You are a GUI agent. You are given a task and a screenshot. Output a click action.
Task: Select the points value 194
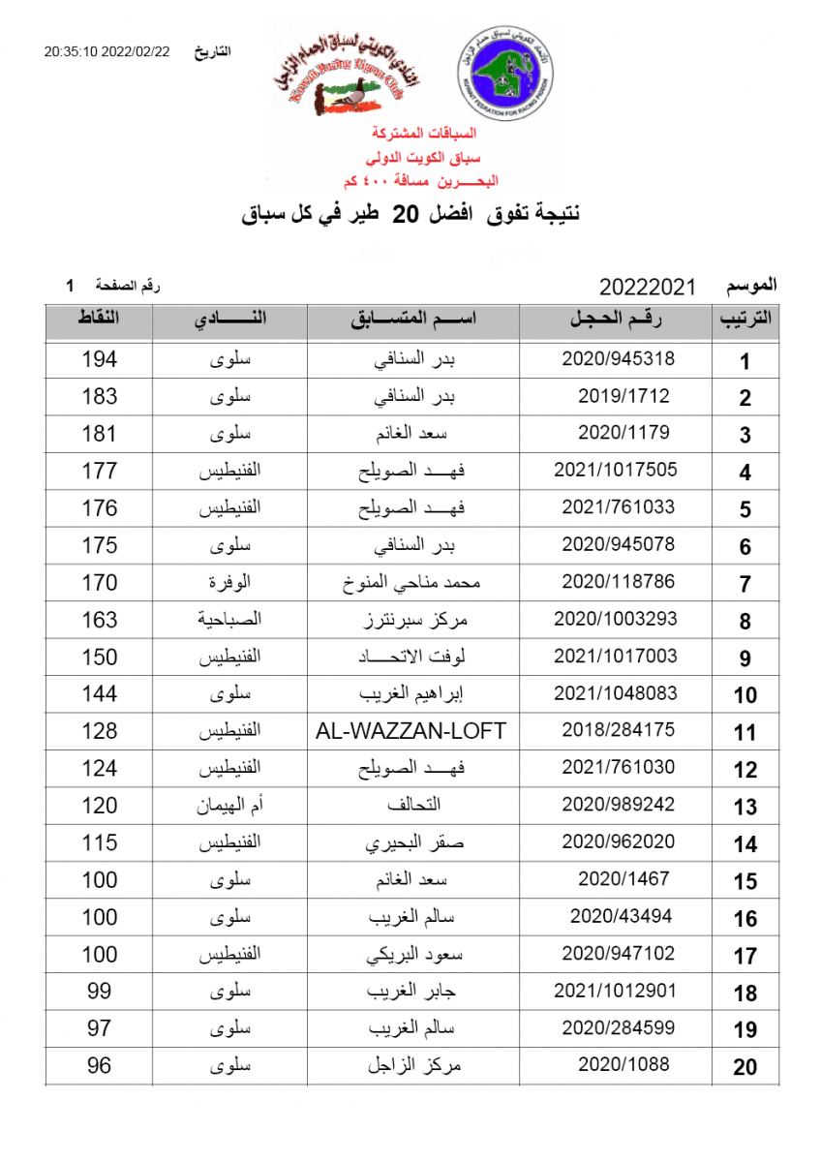click(x=100, y=359)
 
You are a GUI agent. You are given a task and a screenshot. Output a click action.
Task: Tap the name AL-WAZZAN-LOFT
click(x=411, y=731)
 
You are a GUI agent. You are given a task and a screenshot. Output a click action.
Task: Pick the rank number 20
click(x=745, y=1067)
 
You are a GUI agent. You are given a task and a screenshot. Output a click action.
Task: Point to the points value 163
click(x=100, y=620)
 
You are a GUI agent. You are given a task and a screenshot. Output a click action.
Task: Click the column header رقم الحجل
click(x=616, y=321)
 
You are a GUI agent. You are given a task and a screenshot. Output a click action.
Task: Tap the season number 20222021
click(x=649, y=287)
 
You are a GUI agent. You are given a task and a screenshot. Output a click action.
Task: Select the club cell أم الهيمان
click(x=230, y=806)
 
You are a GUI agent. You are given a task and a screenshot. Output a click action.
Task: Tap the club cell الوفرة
click(x=230, y=583)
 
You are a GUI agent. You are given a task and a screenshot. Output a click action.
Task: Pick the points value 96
click(x=100, y=1066)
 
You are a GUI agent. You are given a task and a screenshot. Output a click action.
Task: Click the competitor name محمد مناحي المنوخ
click(x=413, y=583)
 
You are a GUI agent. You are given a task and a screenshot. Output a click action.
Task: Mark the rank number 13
click(x=745, y=808)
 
